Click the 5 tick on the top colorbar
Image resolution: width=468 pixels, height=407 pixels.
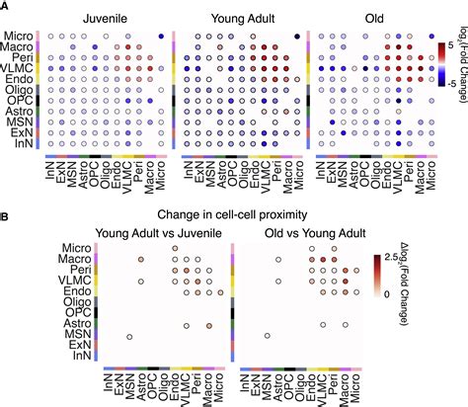(x=450, y=45)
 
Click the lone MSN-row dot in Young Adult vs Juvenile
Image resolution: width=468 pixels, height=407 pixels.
(x=129, y=337)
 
